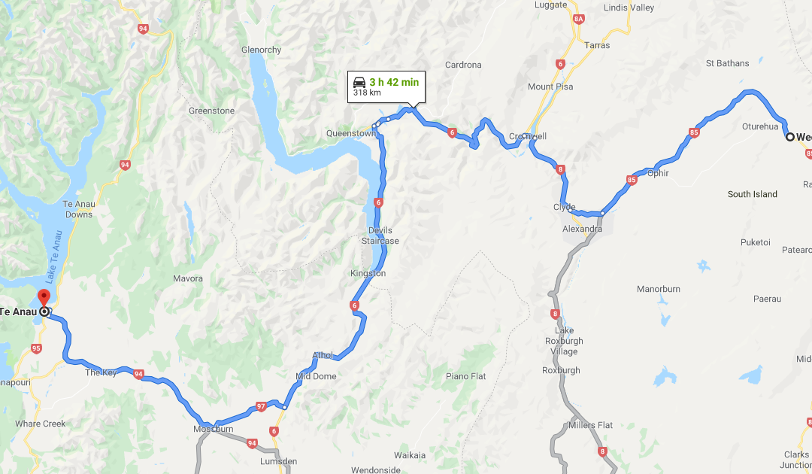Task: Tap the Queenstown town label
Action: point(350,133)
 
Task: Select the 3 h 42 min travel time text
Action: point(394,82)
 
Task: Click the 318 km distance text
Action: point(367,94)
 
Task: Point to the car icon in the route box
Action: point(359,82)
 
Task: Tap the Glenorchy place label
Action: point(261,50)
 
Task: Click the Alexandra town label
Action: point(582,229)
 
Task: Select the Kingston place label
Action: point(368,274)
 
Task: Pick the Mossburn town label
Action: point(213,430)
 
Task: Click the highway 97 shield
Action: point(261,406)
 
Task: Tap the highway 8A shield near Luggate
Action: point(578,18)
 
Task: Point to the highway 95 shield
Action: point(36,348)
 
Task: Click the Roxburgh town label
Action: point(561,370)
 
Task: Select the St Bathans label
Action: point(728,63)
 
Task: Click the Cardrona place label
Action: point(463,65)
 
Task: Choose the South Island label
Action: point(752,194)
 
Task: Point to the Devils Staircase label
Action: point(380,235)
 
